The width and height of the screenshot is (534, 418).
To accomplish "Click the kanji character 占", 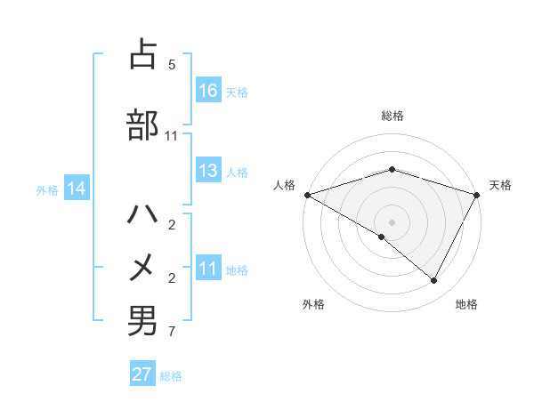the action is [142, 55].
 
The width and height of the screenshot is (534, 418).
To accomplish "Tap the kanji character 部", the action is [142, 125].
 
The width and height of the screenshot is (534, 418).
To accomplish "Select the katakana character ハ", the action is [142, 215].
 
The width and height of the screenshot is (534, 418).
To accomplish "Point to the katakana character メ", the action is [142, 267].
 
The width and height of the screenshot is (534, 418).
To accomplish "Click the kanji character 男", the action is [142, 321].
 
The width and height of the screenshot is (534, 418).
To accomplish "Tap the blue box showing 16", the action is [208, 90].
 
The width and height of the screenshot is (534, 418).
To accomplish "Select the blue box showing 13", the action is [208, 171].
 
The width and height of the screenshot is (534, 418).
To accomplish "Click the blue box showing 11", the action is [208, 269].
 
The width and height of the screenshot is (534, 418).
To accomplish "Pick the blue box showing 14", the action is [77, 189].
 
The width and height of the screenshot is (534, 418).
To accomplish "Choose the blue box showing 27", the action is [142, 374].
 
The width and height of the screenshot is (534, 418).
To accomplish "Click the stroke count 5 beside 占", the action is [172, 65].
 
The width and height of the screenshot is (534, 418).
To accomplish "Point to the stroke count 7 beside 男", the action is [172, 333].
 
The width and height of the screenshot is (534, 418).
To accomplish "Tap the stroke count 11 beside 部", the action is [172, 136].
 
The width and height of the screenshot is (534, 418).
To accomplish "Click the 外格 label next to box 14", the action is [47, 189].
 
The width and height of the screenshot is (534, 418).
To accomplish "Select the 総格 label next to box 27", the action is [171, 376].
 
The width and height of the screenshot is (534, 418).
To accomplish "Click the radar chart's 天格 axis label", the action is [500, 185].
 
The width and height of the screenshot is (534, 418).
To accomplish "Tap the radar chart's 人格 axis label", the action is [284, 185].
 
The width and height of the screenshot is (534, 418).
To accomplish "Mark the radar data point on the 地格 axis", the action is [434, 281].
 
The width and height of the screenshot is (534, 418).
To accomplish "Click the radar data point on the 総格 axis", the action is [392, 169].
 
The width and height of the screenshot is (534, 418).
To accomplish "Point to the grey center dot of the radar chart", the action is [392, 221].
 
